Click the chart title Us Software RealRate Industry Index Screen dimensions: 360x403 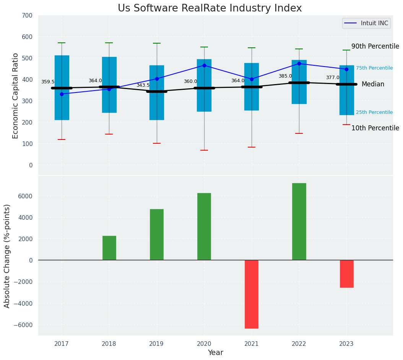click(210, 8)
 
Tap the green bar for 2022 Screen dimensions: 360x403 click(299, 222)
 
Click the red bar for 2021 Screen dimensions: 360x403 click(252, 294)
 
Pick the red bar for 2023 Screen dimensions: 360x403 click(346, 274)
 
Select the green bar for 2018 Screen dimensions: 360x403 click(109, 248)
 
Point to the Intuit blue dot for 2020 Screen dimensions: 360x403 click(204, 65)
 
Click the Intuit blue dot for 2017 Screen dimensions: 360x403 click(62, 94)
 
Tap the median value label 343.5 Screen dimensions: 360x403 click(143, 85)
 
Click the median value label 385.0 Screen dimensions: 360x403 click(285, 76)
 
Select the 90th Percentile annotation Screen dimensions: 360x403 click(375, 46)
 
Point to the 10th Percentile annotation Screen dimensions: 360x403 click(375, 128)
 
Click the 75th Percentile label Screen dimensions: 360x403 click(374, 68)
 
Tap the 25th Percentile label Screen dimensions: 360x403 click(374, 112)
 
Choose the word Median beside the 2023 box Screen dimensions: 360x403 click(373, 84)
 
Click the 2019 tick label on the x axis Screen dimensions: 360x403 click(156, 344)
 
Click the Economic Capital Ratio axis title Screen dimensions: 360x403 click(16, 96)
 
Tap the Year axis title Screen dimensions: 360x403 click(216, 353)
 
